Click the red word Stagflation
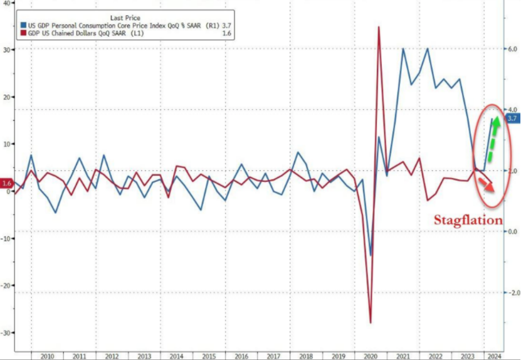point(469,220)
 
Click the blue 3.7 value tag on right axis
point(512,119)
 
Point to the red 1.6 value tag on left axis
point(7,183)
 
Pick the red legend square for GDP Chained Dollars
point(22,33)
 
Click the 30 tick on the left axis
point(7,50)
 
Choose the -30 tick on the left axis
point(6,332)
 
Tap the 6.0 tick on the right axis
point(512,49)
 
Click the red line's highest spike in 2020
point(379,27)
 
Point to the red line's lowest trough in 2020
point(371,323)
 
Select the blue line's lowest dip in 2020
point(371,255)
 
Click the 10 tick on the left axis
point(7,144)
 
